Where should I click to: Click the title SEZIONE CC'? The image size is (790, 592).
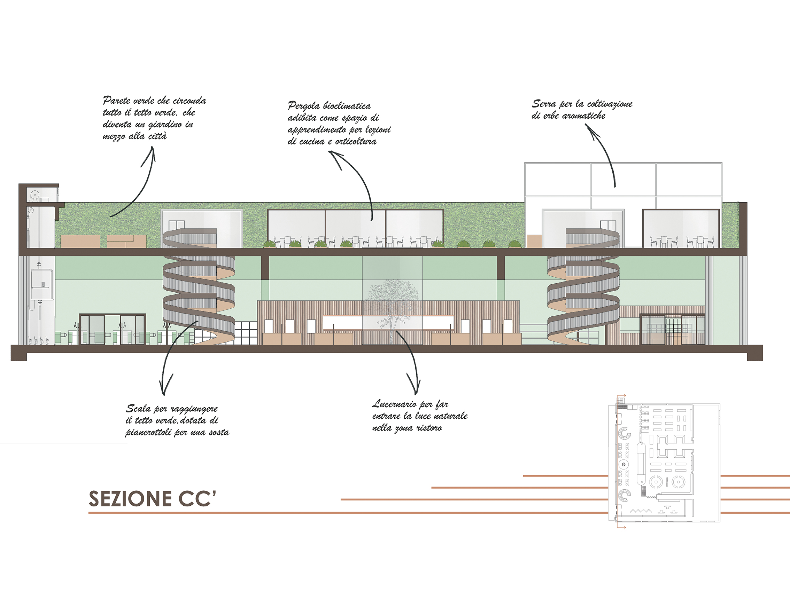(153, 498)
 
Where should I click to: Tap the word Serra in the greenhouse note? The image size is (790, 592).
(544, 103)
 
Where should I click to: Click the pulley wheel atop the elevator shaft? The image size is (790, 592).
(34, 195)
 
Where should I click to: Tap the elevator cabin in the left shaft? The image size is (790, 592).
(42, 285)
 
